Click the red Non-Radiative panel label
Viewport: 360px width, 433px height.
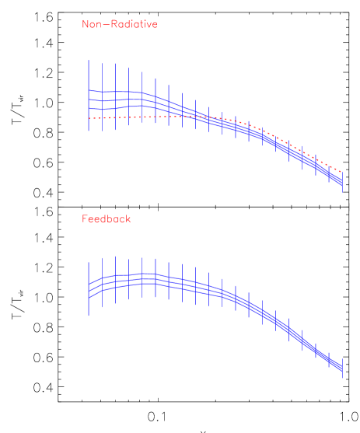point(119,24)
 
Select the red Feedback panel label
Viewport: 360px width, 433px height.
point(106,219)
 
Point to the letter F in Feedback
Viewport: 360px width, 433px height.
point(85,219)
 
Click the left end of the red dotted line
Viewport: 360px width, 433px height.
point(89,118)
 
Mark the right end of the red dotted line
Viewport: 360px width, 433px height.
point(342,171)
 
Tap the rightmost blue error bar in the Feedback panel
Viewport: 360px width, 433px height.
point(343,367)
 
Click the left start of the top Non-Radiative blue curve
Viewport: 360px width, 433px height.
point(89,91)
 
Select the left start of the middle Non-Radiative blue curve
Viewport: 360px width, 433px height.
point(89,100)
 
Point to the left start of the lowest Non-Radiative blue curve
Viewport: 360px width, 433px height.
point(89,107)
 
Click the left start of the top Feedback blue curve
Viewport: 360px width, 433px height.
point(89,282)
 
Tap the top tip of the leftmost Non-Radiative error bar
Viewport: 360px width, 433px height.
point(89,60)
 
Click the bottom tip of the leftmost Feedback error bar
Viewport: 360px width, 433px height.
point(89,316)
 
